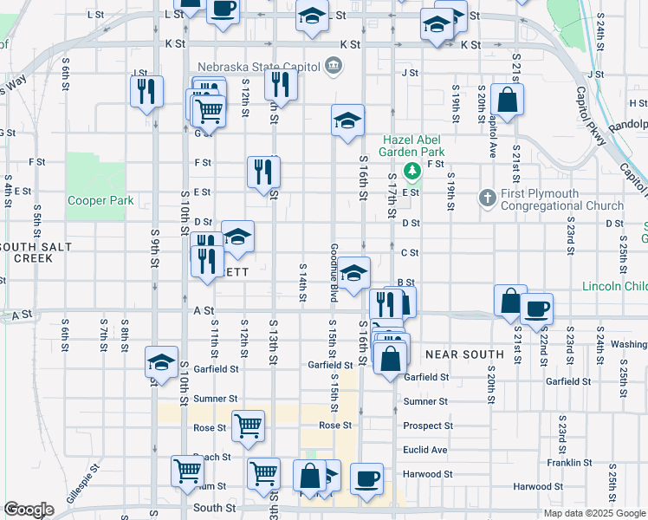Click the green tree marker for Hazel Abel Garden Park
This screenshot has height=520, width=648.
pos(413,167)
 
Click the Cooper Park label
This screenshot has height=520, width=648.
pos(100,200)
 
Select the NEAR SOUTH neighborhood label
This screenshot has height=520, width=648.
pos(464,354)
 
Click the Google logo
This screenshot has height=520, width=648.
pos(28,510)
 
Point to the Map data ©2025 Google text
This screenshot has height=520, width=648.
pos(593,513)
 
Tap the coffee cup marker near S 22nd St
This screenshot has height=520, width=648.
pos(536,309)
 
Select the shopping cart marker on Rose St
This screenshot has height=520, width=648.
pos(248,426)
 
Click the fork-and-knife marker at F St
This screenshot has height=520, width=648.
pos(263,171)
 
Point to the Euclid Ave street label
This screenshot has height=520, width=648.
pos(425,450)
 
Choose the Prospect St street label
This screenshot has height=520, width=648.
pos(428,426)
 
